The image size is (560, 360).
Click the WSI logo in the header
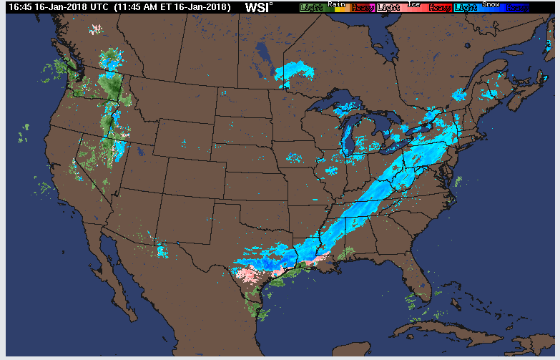[x=258, y=7]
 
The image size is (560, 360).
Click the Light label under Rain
[x=311, y=8]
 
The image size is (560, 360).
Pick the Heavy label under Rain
[x=362, y=8]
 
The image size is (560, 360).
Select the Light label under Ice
[x=388, y=8]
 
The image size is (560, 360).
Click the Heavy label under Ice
[x=439, y=8]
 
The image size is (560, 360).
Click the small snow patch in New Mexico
[x=162, y=250]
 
